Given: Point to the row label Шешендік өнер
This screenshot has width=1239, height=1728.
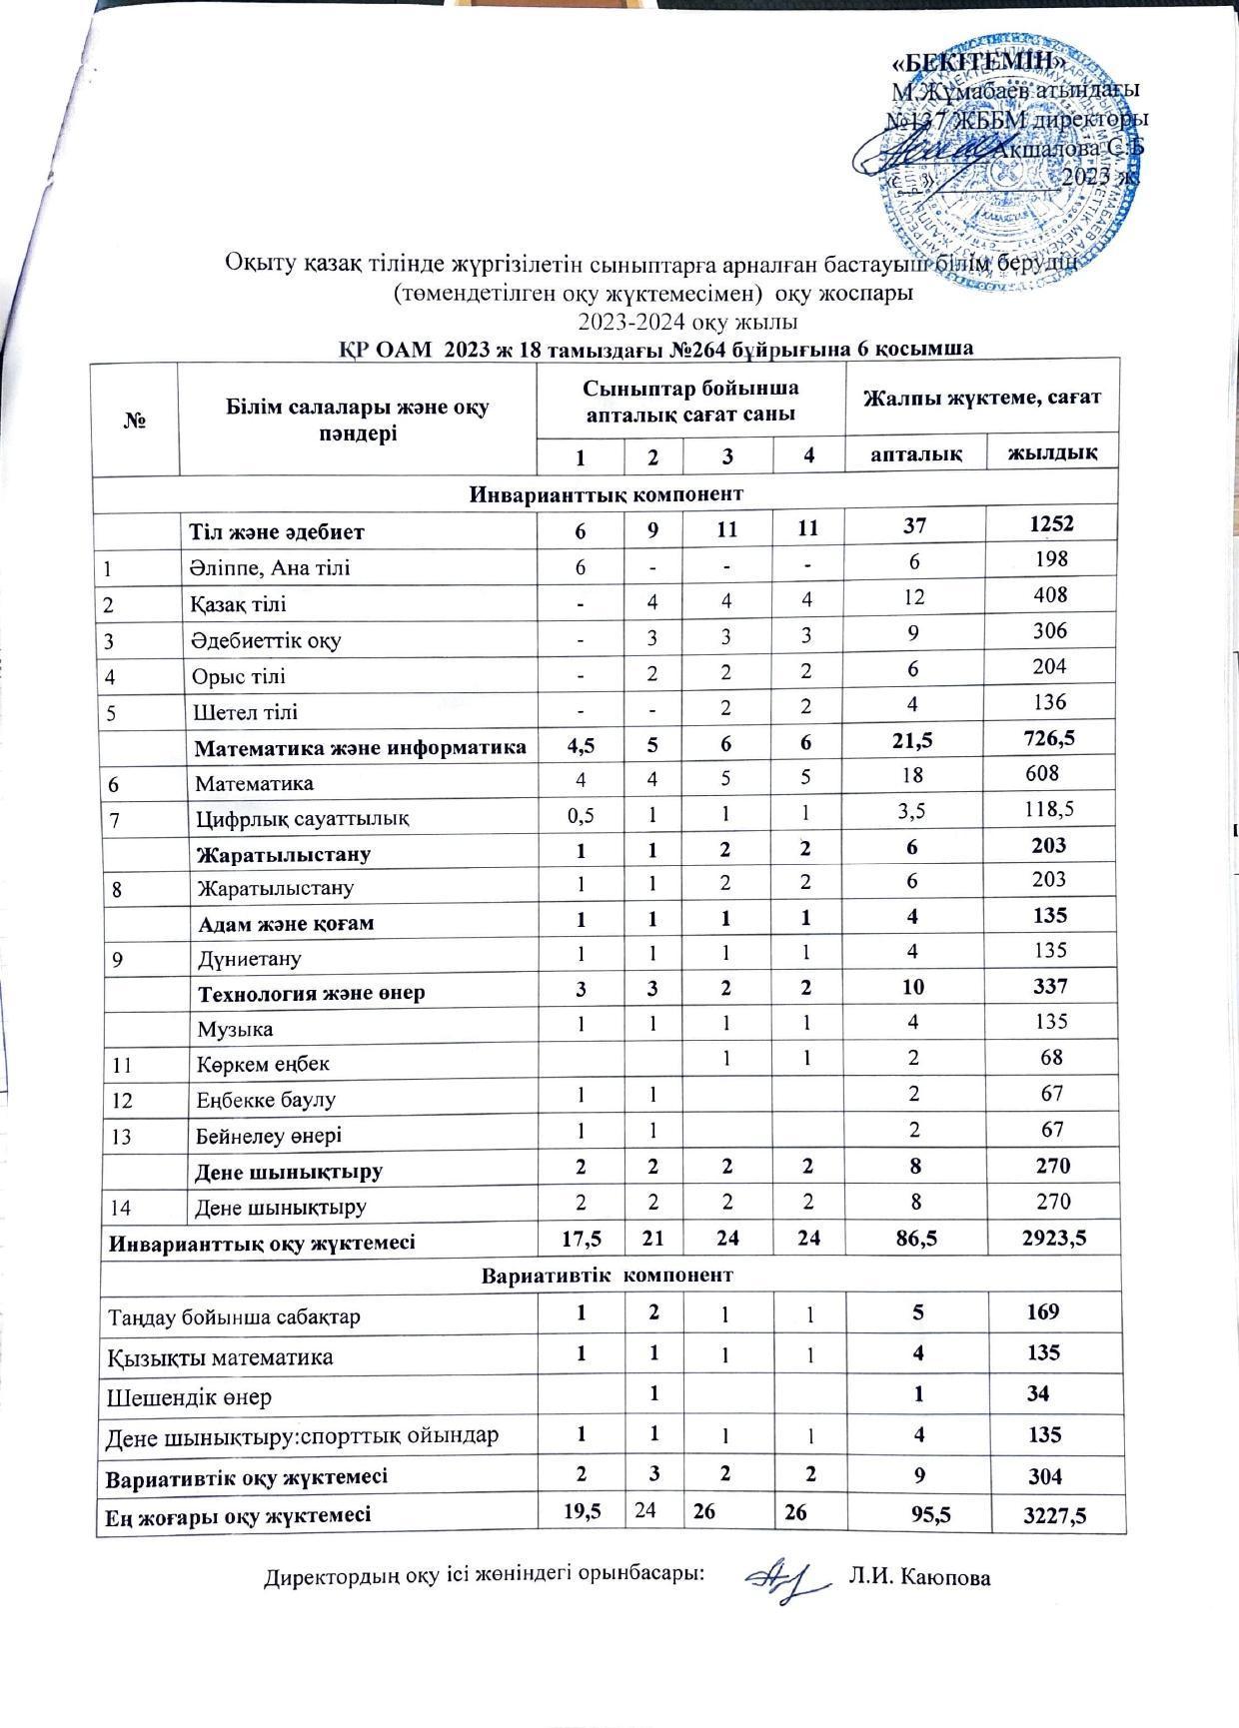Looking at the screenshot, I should (190, 1395).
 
